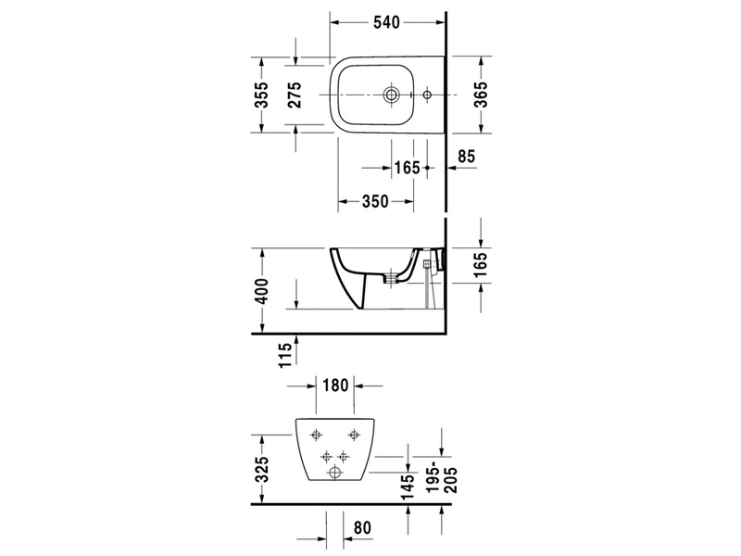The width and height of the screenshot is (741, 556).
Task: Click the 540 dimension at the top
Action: point(386,22)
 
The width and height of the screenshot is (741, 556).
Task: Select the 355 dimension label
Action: point(262,95)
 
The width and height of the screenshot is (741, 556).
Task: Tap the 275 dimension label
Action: point(295,95)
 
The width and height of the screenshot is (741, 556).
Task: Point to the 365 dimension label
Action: point(481,95)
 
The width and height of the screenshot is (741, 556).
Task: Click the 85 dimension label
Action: point(466,156)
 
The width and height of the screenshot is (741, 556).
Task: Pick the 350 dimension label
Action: point(375,201)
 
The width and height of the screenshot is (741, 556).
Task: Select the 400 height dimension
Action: point(262,291)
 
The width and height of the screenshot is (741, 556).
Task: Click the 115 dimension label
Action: point(284,355)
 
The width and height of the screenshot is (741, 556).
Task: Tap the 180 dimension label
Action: point(335,385)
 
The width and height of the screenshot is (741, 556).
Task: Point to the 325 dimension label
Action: point(262,469)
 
